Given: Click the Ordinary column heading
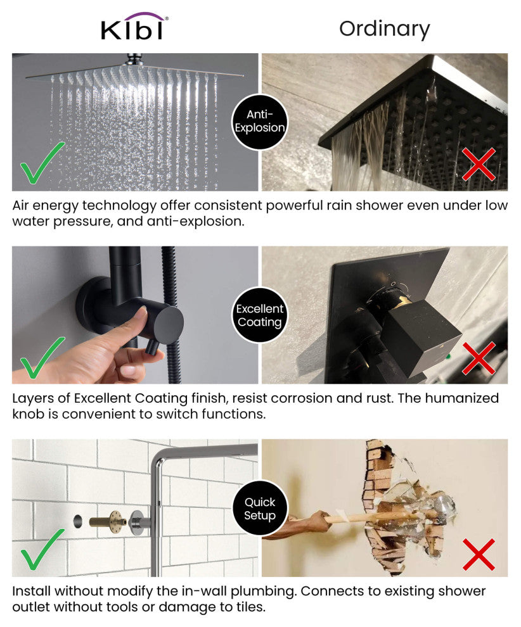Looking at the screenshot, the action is (385, 28).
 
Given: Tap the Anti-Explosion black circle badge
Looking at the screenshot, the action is (260, 122).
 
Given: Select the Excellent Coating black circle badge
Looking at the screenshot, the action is (260, 315).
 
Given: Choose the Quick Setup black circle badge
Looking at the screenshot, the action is (260, 508).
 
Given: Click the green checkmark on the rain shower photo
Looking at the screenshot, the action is (42, 163).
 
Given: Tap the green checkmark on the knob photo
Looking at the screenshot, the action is (42, 357).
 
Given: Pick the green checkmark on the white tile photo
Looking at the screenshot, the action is (42, 550).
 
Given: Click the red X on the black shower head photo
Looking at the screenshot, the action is (479, 164).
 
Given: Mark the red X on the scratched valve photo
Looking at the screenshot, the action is (479, 358).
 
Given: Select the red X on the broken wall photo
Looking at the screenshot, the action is (479, 554).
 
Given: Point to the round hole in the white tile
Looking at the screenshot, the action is (77, 521).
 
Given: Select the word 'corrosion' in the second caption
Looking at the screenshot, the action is (298, 398).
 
